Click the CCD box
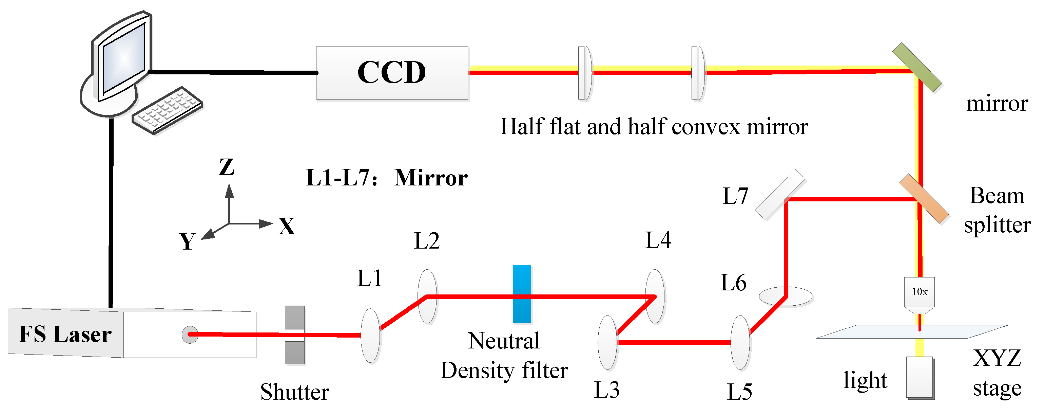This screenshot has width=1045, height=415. coord(392,73)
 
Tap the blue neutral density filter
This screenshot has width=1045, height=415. coord(522,294)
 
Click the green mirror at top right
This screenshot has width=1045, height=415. coord(917,67)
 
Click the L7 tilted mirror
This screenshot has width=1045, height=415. coord(780,195)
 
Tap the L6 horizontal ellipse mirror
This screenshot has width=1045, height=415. coord(786,296)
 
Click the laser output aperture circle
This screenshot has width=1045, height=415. coord(190,335)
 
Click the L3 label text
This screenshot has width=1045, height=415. coord(606,390)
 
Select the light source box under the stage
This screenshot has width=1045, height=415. coord(920,377)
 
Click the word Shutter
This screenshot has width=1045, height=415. coord(294,392)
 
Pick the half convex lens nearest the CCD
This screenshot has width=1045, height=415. coord(584,73)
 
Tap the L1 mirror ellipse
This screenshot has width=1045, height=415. coord(370,336)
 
